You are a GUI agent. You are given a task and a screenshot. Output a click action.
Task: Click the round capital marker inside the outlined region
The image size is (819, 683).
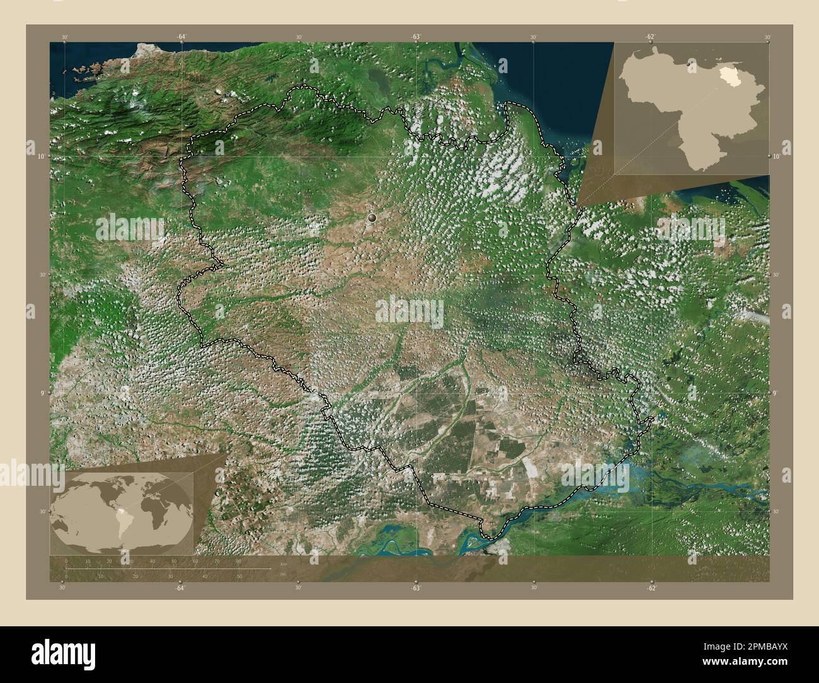(x=373, y=218)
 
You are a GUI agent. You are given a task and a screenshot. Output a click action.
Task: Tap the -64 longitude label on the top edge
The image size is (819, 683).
(x=181, y=37)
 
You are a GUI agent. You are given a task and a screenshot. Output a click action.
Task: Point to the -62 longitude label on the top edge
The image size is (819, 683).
(x=650, y=37)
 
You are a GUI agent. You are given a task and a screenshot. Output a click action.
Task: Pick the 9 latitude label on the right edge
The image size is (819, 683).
(x=776, y=393)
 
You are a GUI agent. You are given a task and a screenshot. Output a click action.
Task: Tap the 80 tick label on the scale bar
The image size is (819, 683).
(x=239, y=561)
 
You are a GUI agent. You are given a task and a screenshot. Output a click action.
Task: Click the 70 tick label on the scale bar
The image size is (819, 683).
(x=217, y=561)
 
